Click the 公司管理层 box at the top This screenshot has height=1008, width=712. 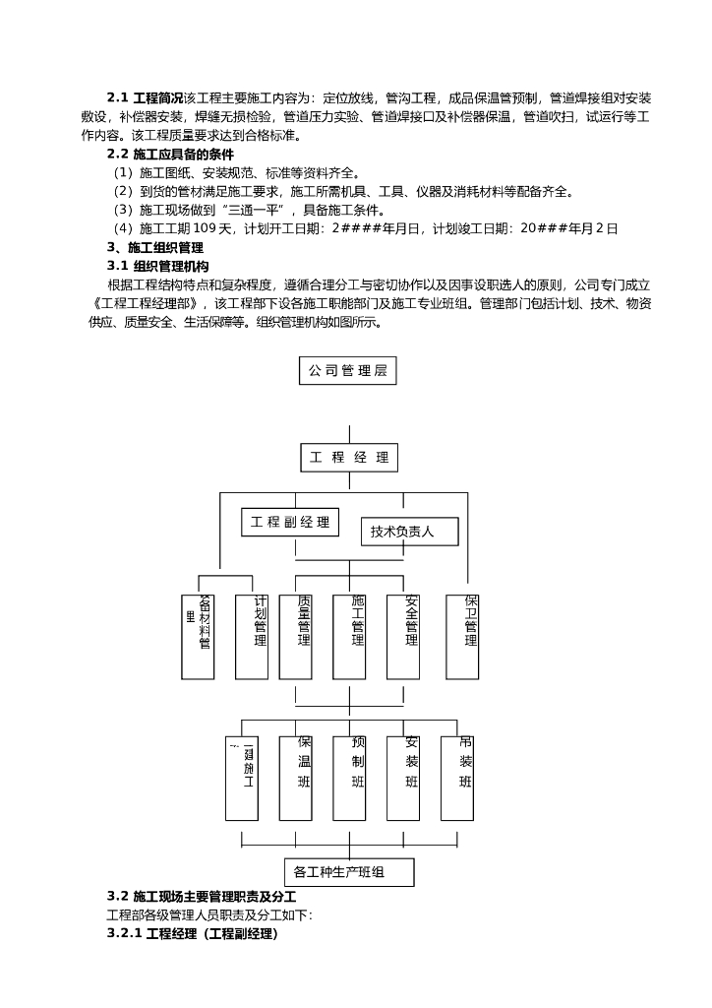point(347,371)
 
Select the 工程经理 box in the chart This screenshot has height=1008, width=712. point(348,458)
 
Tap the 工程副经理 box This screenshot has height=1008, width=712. point(289,522)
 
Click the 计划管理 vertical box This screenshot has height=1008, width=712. point(252,637)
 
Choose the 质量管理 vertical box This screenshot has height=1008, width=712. point(296,637)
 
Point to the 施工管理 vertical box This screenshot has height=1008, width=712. point(350,637)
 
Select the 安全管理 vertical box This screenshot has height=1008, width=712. point(403,637)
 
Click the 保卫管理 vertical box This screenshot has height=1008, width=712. point(462,636)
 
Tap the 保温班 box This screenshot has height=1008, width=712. point(296,778)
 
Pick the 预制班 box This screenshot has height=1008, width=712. point(350,778)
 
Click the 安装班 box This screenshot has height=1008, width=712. point(403,778)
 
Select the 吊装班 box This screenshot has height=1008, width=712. point(457,778)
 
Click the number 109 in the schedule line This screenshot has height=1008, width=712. point(203,228)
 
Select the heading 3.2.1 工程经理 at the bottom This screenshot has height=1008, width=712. point(193,933)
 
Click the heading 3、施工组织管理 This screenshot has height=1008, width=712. point(154,247)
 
